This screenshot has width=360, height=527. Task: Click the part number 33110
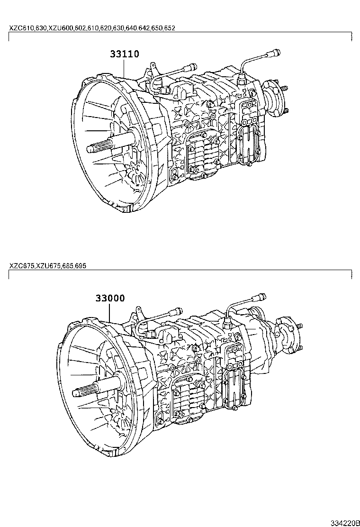pos(125,54)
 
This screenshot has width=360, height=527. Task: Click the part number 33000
pos(110,298)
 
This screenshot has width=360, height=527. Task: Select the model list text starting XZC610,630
pos(92,28)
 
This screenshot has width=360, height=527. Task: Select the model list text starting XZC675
pos(47,266)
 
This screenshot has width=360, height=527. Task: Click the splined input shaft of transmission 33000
pos(83,391)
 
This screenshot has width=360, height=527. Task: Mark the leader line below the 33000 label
pos(110,312)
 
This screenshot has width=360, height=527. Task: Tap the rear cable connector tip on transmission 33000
pos(260,297)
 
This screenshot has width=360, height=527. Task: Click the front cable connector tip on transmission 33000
pos(177,310)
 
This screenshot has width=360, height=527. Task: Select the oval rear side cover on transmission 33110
pos(248,143)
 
